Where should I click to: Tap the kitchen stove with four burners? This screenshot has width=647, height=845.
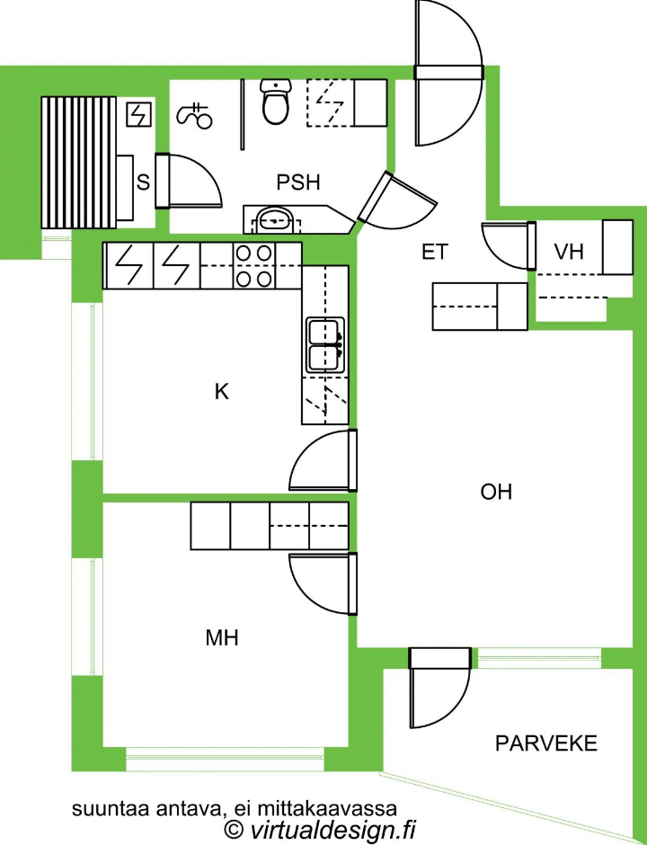tap(253, 265)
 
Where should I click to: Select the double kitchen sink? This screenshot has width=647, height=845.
tap(325, 345)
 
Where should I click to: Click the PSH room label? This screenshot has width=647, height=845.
tap(298, 182)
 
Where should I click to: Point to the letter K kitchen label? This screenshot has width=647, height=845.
tap(221, 391)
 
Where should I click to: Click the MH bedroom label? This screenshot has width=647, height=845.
tap(222, 638)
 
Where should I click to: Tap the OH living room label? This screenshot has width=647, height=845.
tap(496, 492)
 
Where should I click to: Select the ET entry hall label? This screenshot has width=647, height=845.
tap(435, 252)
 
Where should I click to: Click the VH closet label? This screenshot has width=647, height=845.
tap(569, 251)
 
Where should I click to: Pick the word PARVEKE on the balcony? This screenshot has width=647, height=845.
tap(546, 743)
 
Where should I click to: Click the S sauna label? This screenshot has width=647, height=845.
tap(143, 182)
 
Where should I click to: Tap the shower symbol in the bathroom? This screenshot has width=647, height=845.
tap(195, 115)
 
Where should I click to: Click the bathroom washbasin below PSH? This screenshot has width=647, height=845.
tap(275, 219)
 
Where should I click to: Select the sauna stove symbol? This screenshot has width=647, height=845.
tap(139, 115)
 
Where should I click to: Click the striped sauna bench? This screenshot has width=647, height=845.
tap(79, 163)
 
